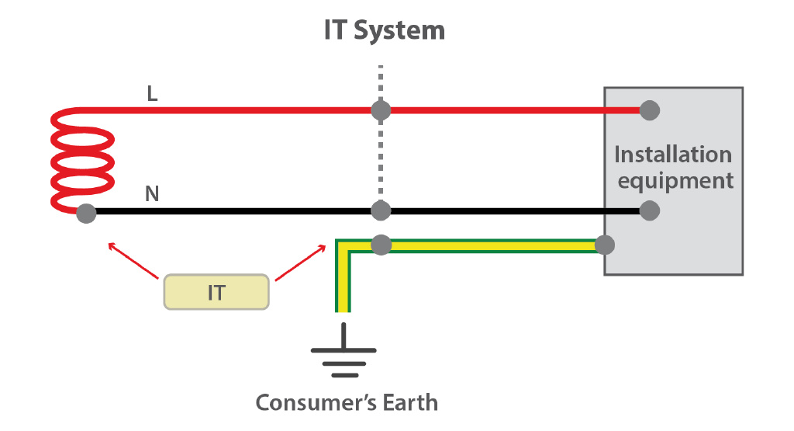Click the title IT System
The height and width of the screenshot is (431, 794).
click(x=385, y=31)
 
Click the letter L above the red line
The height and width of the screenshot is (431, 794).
click(x=153, y=94)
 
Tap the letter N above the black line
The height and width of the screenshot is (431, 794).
click(x=153, y=193)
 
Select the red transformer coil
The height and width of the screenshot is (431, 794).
click(x=81, y=159)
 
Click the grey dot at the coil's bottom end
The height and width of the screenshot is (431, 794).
click(x=87, y=211)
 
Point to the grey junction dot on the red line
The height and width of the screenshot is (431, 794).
click(x=380, y=110)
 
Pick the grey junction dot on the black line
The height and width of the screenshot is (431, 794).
click(x=380, y=210)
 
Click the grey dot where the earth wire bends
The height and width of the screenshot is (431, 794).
click(x=380, y=245)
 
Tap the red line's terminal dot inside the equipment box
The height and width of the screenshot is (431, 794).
click(x=650, y=110)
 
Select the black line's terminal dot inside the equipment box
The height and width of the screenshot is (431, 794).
click(x=650, y=210)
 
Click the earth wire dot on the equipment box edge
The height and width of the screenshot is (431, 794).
click(x=605, y=245)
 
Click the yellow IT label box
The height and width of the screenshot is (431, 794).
click(x=216, y=293)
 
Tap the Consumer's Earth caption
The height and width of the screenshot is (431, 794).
click(x=347, y=403)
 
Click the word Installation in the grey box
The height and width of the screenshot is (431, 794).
click(x=672, y=155)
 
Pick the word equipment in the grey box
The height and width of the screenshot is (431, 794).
click(x=675, y=181)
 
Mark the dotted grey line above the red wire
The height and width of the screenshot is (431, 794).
click(x=380, y=82)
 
